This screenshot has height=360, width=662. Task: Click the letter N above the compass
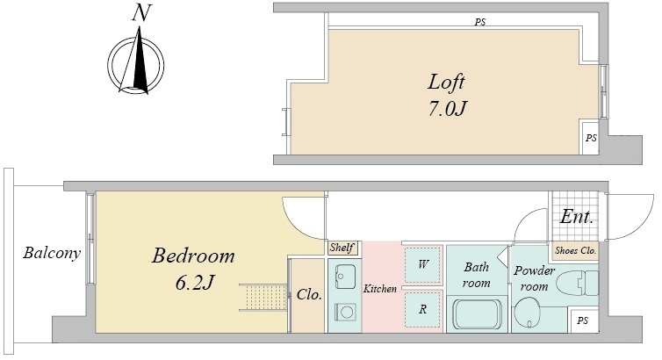pos(141,13)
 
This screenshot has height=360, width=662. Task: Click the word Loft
pos(446,82)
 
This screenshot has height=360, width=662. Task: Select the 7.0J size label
pos(448,109)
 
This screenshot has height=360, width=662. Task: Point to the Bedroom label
pos(193,256)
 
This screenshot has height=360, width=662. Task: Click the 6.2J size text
pos(194,282)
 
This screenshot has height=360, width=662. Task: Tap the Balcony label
pos(52,253)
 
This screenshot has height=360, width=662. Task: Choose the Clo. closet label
pos(309,294)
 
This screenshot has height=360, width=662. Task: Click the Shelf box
pos(342,248)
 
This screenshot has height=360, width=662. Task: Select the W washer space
pos(422,264)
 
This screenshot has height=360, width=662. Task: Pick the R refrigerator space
pos(422,309)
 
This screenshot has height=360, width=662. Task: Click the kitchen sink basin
pos(345,277)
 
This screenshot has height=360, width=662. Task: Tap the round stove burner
pos(347,313)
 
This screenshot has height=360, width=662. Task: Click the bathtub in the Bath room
pos(477,314)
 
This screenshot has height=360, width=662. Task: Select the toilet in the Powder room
pos(577,283)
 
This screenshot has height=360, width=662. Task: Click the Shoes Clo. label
pos(575,251)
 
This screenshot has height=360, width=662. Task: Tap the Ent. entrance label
pos(577,217)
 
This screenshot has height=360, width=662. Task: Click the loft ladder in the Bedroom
pos(264,297)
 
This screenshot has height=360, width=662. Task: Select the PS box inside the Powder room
pos(583,320)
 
